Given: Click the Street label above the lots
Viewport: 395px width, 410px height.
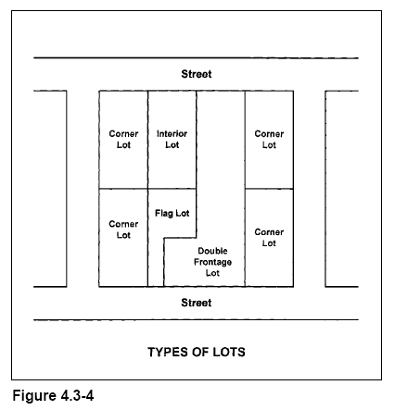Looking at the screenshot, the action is click(197, 74).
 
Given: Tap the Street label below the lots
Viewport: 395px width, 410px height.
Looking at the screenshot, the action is click(197, 303).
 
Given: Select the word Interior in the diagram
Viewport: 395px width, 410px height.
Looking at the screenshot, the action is click(172, 134).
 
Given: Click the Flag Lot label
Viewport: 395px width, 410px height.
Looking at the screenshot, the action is click(172, 214).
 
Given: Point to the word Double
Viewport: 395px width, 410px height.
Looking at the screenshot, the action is click(212, 251).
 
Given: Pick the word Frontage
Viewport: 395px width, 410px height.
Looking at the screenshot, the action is click(212, 262).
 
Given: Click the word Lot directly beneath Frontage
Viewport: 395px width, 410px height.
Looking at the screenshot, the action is click(212, 273).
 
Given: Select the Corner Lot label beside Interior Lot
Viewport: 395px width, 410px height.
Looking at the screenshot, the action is click(123, 140).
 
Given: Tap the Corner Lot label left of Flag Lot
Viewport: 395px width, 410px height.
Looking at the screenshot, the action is click(123, 230).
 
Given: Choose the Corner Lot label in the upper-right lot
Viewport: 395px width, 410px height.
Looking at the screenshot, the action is click(269, 140).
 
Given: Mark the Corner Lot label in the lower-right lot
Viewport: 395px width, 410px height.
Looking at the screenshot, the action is click(269, 238).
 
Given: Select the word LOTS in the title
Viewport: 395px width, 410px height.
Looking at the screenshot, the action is click(229, 352).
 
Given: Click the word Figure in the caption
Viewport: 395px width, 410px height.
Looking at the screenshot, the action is click(34, 396).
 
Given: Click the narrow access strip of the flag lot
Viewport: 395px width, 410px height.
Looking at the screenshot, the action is click(156, 262).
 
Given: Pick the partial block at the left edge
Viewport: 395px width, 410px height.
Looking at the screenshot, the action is click(50, 189).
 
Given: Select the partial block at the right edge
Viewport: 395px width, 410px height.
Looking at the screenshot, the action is click(342, 189).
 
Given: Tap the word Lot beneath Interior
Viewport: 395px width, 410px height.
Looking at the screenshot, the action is click(172, 145).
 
